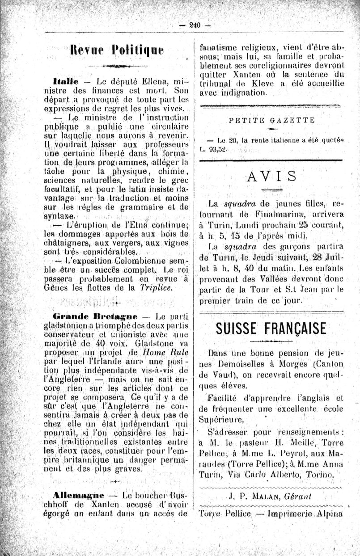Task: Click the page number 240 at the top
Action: pos(195,25)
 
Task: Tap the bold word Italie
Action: pos(65,81)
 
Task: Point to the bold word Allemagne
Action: pos(78,495)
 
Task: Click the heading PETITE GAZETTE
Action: pos(271,120)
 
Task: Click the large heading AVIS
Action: pos(271,176)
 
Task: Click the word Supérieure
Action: pos(222,419)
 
